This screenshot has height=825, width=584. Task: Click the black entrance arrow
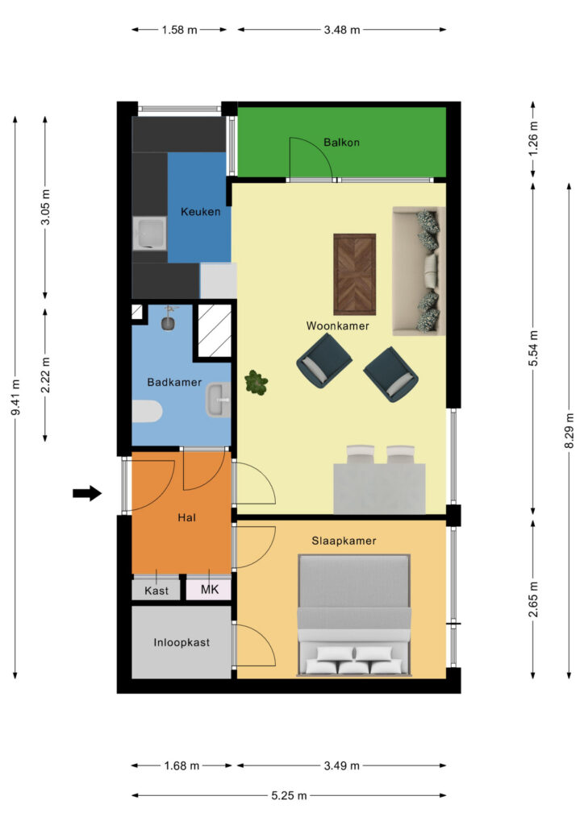tap(87, 493)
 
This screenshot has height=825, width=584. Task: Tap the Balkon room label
tap(341, 142)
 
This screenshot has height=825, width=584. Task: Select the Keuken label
tap(201, 212)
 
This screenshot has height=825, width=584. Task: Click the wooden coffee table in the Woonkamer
tap(354, 274)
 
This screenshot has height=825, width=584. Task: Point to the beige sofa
tap(419, 271)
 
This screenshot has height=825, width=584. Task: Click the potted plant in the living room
tap(257, 382)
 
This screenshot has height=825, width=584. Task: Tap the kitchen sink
tap(149, 233)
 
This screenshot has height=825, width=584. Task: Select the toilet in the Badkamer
tap(146, 412)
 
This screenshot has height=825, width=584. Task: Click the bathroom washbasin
tap(218, 400)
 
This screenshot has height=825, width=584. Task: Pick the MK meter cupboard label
tap(210, 589)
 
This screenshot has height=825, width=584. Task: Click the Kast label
tap(156, 591)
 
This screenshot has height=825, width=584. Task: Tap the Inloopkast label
tap(181, 642)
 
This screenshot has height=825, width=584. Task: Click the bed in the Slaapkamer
tap(354, 615)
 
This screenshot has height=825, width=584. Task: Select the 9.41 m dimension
tap(16, 397)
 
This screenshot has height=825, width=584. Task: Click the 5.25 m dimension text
tap(289, 795)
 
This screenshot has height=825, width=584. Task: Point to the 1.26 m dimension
tap(533, 139)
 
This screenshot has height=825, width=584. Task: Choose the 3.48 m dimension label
tap(342, 30)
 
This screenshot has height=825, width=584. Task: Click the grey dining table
tap(379, 488)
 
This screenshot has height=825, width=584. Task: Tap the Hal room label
tap(186, 518)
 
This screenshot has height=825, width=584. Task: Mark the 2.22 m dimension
tap(45, 375)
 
